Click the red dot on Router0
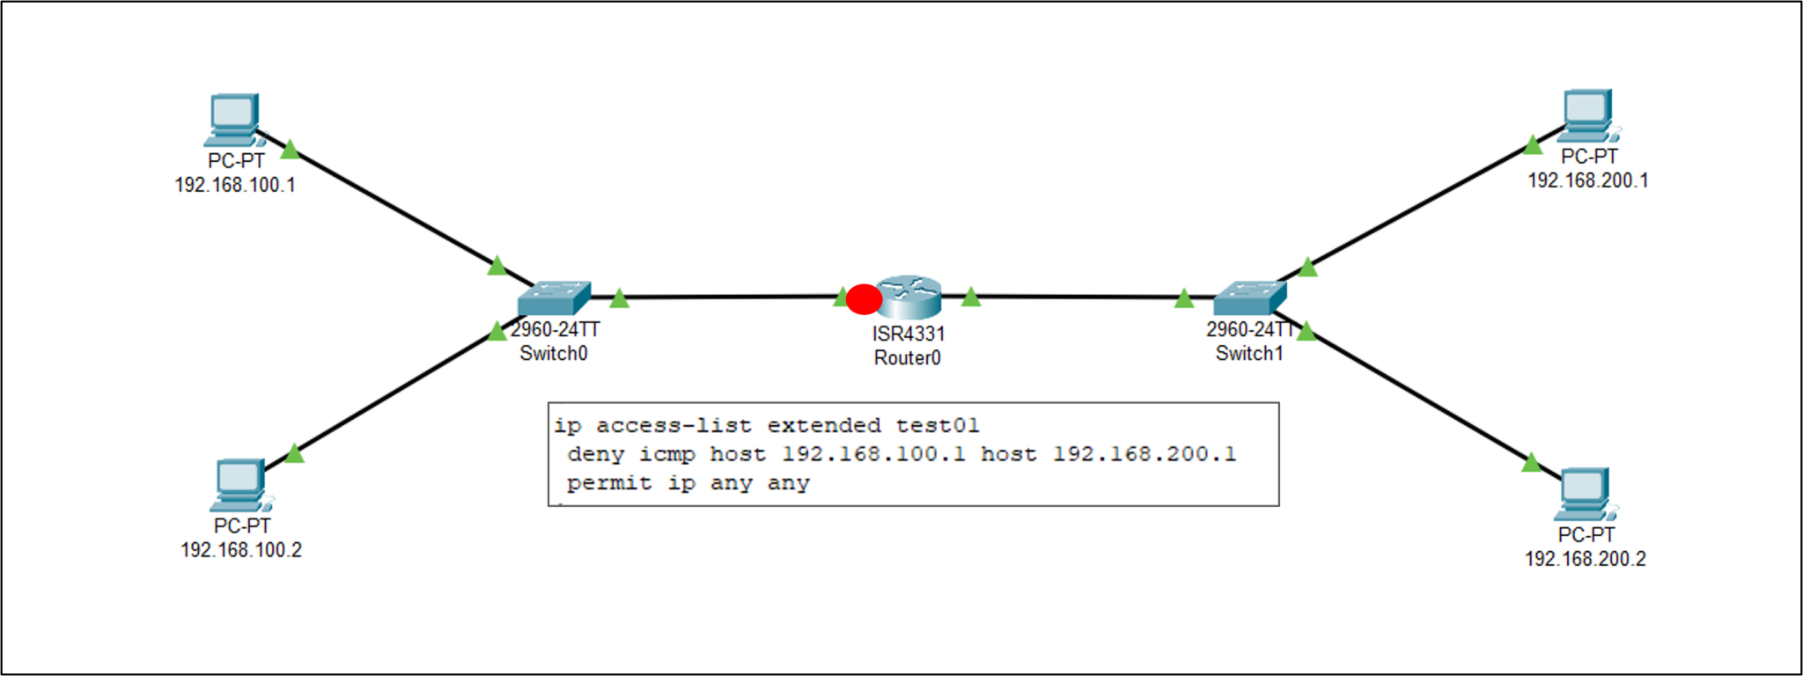(864, 299)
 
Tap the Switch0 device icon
(554, 299)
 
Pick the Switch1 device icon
(1249, 298)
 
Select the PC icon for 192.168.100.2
(239, 485)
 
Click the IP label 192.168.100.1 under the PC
(235, 186)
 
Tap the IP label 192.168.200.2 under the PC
(1585, 559)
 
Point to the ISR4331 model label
(909, 334)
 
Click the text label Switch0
(553, 354)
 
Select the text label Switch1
(1249, 354)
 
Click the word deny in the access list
(595, 455)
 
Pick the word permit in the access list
(609, 483)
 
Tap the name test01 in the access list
(937, 426)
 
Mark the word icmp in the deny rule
(666, 455)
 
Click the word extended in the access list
(823, 426)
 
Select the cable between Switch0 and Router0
(731, 298)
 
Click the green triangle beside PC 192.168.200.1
(1533, 145)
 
